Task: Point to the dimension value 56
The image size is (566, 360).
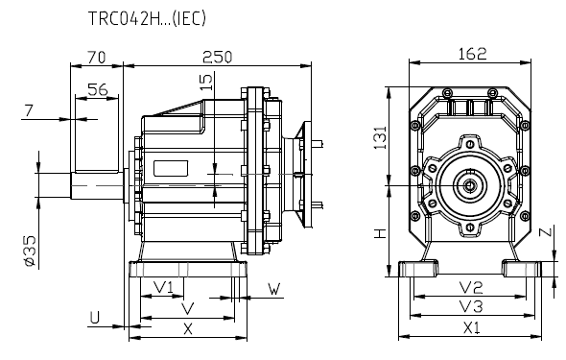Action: click(x=97, y=88)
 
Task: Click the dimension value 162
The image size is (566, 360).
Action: click(x=471, y=53)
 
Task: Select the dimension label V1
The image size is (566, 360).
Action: click(x=163, y=287)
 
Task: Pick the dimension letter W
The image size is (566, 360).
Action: click(x=273, y=287)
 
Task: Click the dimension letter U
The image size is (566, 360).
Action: click(x=94, y=316)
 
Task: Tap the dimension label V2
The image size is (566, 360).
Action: click(x=470, y=287)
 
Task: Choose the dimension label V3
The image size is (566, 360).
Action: click(x=470, y=307)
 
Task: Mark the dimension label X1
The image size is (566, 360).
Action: click(x=471, y=327)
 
